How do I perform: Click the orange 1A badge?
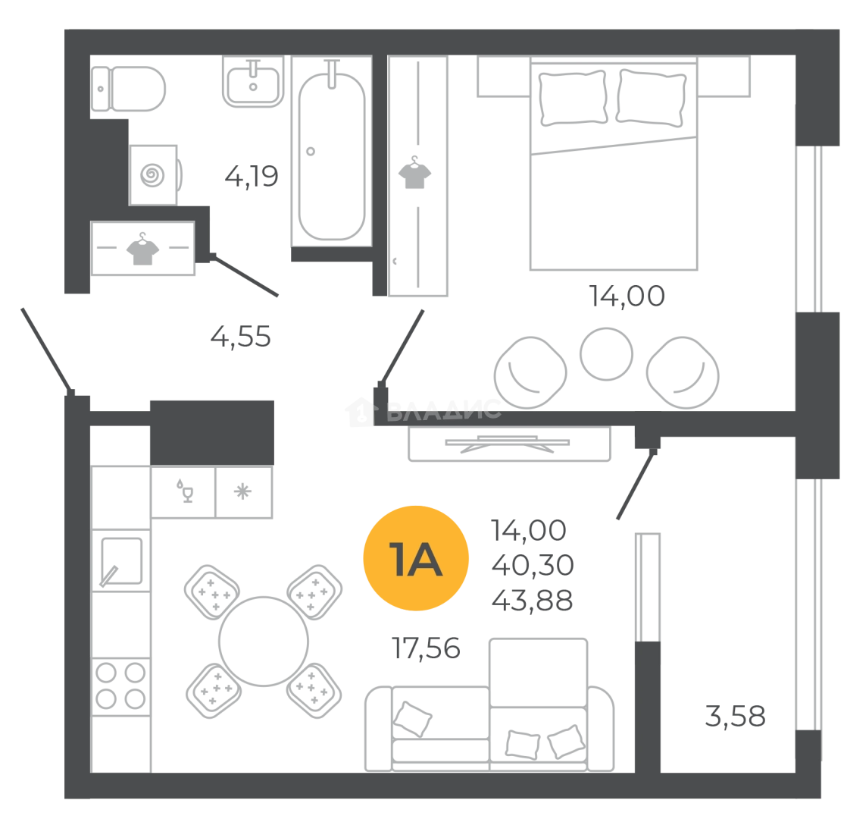click(416, 560)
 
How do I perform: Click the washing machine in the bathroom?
click(155, 173)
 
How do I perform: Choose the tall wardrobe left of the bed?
click(419, 179)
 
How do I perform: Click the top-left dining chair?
click(211, 591)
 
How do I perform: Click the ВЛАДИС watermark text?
click(443, 413)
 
